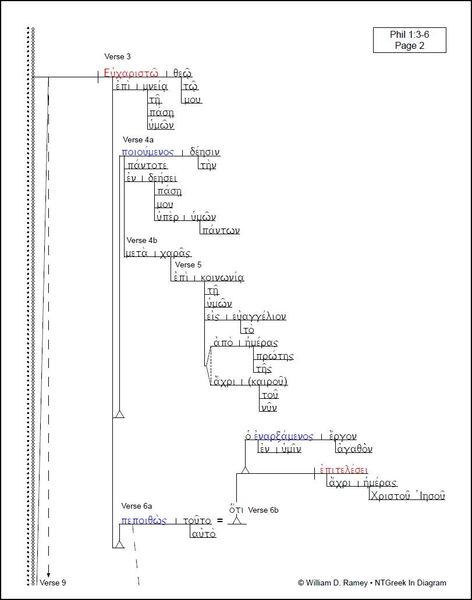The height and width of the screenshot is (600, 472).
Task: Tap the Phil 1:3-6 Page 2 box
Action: click(410, 40)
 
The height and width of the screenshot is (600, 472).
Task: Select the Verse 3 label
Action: click(118, 56)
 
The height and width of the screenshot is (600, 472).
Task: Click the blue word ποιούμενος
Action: click(148, 152)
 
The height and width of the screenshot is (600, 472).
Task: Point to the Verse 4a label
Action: click(138, 140)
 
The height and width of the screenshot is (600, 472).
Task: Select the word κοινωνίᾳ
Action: click(222, 277)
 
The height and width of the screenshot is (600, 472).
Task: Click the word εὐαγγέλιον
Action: click(259, 317)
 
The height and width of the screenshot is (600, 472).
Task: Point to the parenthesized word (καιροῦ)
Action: click(268, 382)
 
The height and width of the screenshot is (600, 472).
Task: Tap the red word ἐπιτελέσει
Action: click(344, 470)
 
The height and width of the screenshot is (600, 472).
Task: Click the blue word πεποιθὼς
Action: click(144, 520)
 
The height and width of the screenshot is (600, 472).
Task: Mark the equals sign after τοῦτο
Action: click(220, 520)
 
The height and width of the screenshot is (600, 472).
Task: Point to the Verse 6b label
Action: click(263, 510)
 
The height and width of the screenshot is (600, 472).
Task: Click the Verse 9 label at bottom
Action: click(53, 583)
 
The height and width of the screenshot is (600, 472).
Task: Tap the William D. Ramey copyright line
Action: click(372, 583)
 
